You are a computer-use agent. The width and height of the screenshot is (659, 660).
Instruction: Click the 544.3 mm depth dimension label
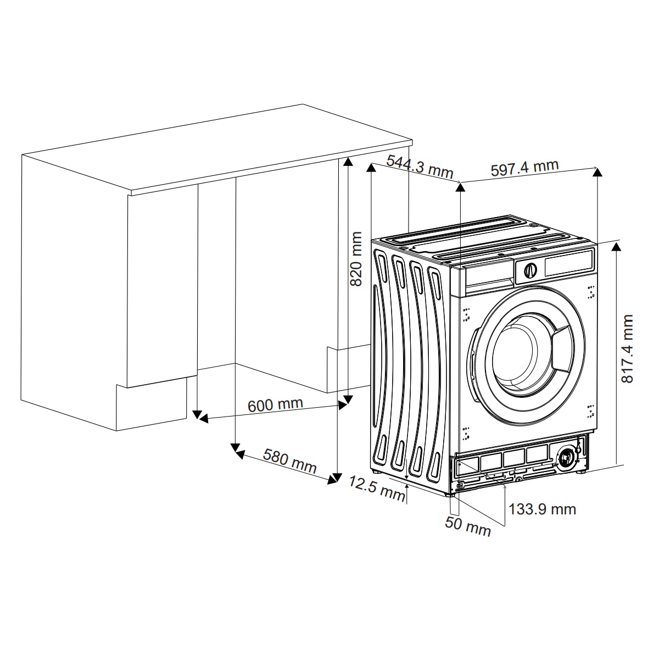[420, 166]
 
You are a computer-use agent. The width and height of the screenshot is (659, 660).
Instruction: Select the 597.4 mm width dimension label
[525, 168]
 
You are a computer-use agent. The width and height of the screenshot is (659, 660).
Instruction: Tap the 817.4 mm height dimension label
[627, 348]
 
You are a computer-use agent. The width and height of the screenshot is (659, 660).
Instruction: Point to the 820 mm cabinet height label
[356, 259]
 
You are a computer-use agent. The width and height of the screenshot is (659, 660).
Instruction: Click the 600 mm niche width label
[275, 405]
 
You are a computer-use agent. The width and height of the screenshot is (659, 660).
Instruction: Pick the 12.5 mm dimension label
[377, 488]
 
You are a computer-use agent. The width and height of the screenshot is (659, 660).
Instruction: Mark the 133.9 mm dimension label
[542, 509]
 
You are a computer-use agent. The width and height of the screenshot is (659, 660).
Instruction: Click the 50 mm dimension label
[468, 526]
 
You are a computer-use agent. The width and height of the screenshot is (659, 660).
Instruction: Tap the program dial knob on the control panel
[530, 271]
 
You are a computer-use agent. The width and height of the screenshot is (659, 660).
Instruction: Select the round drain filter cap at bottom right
[566, 458]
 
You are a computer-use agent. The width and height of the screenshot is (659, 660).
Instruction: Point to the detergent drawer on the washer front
[489, 278]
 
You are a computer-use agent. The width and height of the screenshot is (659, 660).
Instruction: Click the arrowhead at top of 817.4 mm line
[616, 246]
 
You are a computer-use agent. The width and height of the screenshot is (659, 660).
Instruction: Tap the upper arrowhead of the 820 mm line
[348, 162]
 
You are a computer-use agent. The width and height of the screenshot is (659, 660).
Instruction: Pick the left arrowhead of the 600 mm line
[203, 418]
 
